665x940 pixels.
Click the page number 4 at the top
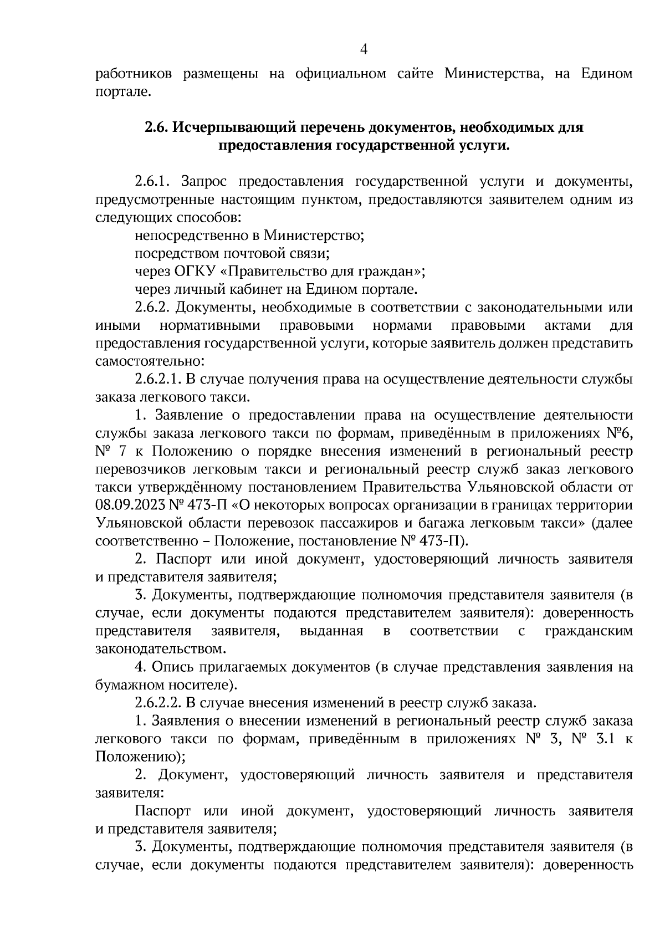tap(364, 49)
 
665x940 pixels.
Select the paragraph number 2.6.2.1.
tap(158, 380)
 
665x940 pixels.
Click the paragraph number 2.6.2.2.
tap(158, 703)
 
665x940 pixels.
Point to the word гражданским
tap(589, 631)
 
